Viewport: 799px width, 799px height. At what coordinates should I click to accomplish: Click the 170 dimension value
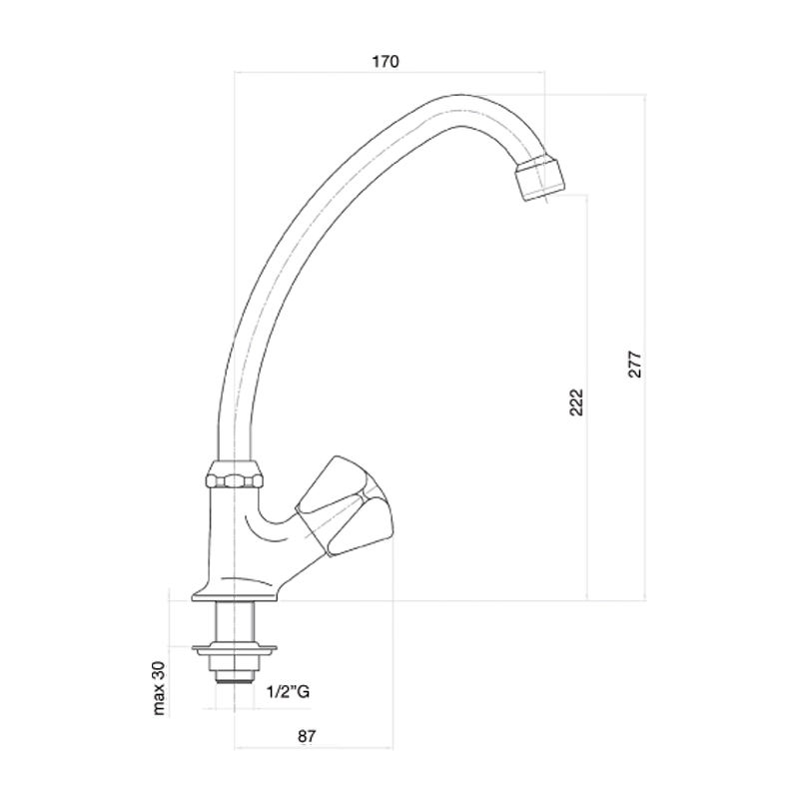pos(386,62)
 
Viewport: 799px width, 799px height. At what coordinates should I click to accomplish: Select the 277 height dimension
pos(635,364)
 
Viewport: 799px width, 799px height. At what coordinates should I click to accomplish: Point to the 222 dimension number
pos(576,402)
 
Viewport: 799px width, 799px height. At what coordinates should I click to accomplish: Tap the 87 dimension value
pos(307,736)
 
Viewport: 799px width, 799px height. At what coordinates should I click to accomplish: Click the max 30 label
pos(159,688)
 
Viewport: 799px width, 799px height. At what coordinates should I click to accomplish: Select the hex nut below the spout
pos(235,475)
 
